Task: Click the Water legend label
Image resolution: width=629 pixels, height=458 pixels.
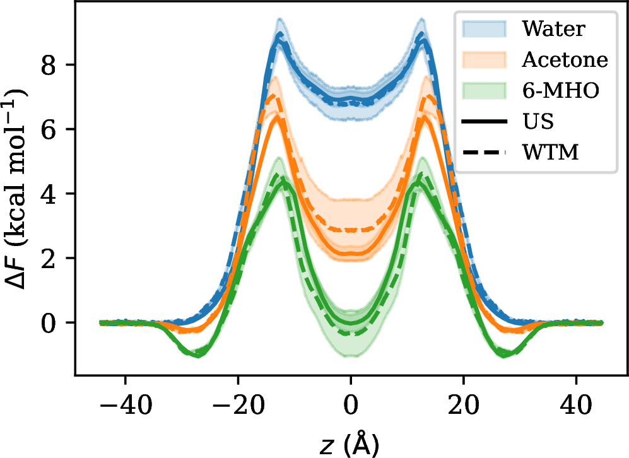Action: [x=553, y=28]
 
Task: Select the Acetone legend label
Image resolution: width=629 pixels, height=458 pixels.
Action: [x=565, y=59]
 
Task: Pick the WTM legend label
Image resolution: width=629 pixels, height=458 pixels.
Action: [x=550, y=152]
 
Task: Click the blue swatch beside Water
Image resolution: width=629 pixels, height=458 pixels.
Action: [x=484, y=28]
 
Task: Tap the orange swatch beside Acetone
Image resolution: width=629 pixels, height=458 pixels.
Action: [x=484, y=59]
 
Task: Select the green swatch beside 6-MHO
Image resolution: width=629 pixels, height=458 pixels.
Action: [x=484, y=90]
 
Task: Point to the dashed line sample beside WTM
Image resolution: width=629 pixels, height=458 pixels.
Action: [x=484, y=152]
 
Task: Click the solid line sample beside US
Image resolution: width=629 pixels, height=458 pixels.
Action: [x=484, y=121]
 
